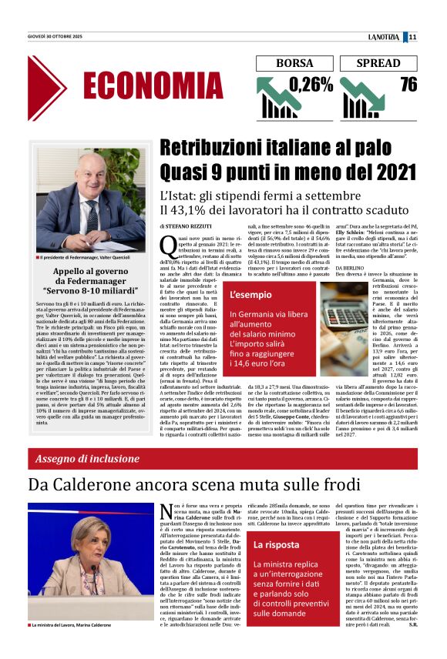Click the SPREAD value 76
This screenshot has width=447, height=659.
pos(408,85)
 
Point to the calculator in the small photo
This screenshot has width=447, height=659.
pos(344,315)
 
